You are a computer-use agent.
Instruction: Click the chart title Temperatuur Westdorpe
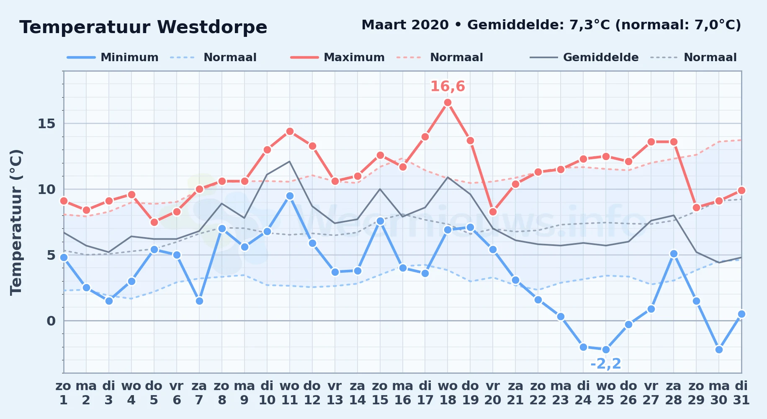[143, 27]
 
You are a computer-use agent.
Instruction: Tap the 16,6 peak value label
[448, 86]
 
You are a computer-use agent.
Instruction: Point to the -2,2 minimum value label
[606, 364]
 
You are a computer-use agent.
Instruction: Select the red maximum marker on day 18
[448, 103]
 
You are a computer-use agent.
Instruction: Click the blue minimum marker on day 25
[606, 349]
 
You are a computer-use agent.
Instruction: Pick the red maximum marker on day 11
[290, 132]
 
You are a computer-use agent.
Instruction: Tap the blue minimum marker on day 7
[199, 301]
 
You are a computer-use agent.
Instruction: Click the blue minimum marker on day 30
[719, 349]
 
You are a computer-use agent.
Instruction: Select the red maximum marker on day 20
[493, 212]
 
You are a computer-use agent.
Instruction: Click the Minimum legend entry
[113, 57]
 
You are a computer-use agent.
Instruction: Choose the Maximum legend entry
[337, 57]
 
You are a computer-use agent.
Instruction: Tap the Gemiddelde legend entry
[584, 57]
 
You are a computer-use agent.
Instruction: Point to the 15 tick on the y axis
[46, 124]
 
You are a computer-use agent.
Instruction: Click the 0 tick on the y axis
[51, 321]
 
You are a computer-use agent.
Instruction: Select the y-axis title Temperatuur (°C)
[16, 222]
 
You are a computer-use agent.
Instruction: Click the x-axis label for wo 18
[448, 393]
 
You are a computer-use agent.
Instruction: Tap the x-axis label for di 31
[741, 393]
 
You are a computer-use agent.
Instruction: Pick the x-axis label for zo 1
[64, 393]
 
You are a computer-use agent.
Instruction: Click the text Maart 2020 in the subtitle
[405, 25]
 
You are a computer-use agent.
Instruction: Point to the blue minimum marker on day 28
[674, 253]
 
